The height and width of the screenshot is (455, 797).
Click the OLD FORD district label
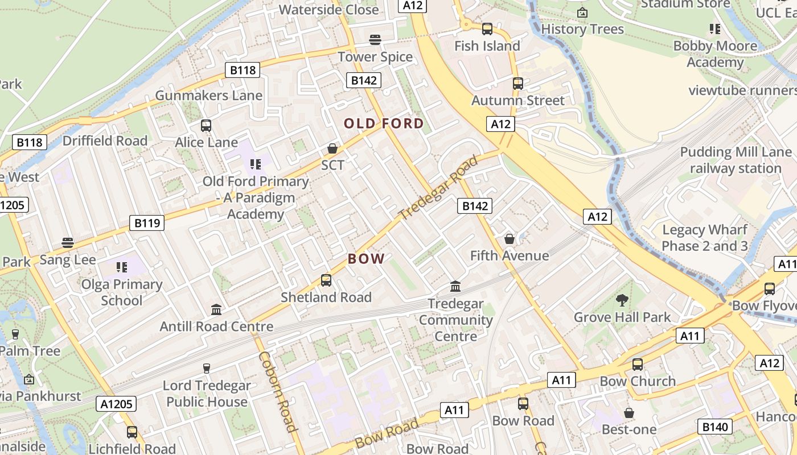coord(384,123)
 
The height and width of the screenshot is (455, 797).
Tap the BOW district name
coord(366,259)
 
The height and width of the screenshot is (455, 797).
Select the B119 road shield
coord(147,223)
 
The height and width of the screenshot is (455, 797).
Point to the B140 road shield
coord(715,427)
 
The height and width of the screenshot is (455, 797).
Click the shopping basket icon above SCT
coord(332,148)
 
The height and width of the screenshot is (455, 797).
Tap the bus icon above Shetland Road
coord(326,280)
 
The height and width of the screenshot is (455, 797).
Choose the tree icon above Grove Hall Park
coord(622,300)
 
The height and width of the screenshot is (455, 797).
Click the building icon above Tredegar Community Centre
coord(455,286)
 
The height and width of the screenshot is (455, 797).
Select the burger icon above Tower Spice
coord(375,40)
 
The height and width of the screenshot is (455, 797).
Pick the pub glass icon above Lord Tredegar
coord(206,368)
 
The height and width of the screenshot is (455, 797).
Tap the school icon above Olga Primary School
coord(121,266)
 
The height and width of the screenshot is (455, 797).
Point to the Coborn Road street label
coord(278,391)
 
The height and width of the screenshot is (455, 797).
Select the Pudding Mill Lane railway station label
coord(736,160)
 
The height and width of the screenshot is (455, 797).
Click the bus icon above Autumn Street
coord(518,84)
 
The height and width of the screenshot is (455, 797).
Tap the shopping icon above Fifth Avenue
coord(510,239)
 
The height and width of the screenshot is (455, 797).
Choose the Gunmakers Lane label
coord(208,95)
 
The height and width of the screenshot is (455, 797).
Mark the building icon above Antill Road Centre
coord(216,310)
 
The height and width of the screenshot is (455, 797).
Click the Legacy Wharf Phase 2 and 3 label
coord(705,238)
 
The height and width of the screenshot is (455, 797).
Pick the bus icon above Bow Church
coord(638,365)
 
